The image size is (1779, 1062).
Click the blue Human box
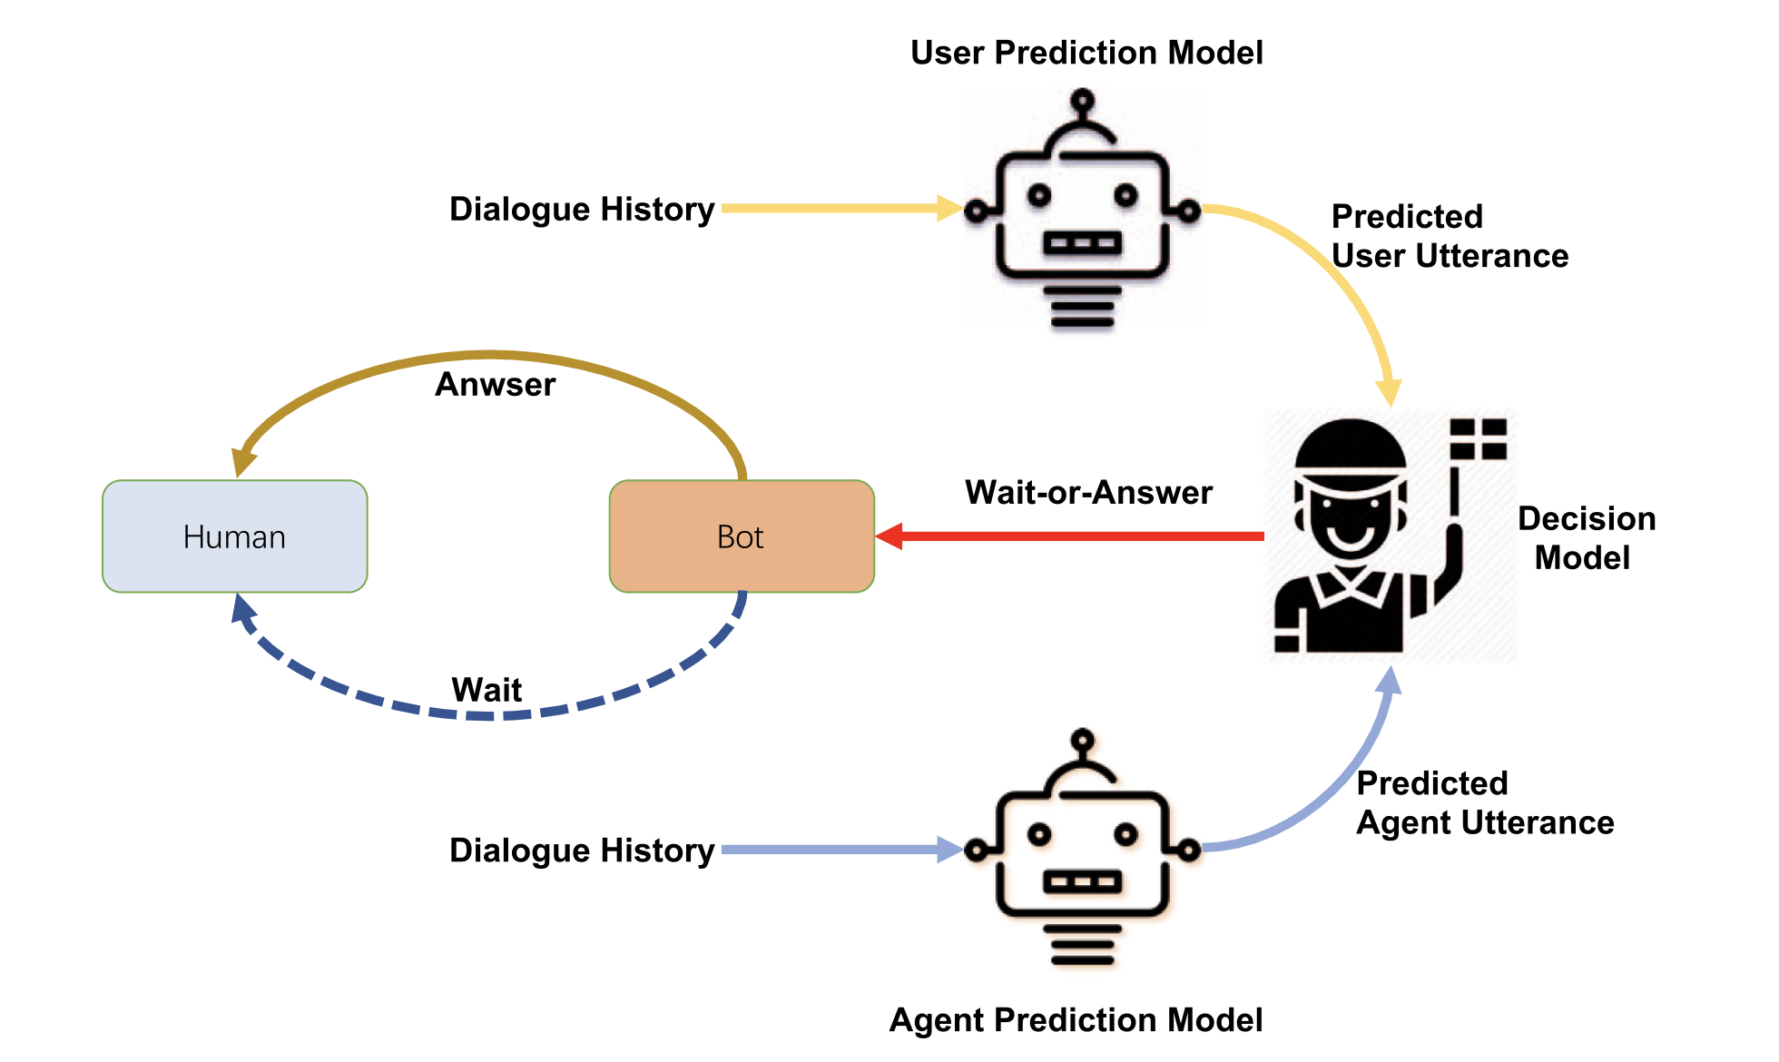(234, 536)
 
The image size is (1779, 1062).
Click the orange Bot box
(741, 536)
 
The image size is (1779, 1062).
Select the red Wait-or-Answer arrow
(1071, 536)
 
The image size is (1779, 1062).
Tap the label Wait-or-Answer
(1087, 492)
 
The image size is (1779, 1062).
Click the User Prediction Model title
(1086, 53)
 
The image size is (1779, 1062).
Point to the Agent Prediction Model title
(1075, 1019)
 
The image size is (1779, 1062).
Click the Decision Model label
(1585, 537)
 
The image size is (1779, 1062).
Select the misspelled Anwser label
(495, 384)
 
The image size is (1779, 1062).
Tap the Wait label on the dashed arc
(487, 690)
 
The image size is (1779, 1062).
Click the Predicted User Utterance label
(1449, 236)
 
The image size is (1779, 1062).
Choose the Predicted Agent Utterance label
(1484, 802)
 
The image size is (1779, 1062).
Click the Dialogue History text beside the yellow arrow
(582, 209)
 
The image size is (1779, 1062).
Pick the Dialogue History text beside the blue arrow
(582, 851)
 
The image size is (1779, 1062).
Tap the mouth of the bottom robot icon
(1082, 880)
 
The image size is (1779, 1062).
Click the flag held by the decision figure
(1478, 438)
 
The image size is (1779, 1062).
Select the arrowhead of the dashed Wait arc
(241, 608)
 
